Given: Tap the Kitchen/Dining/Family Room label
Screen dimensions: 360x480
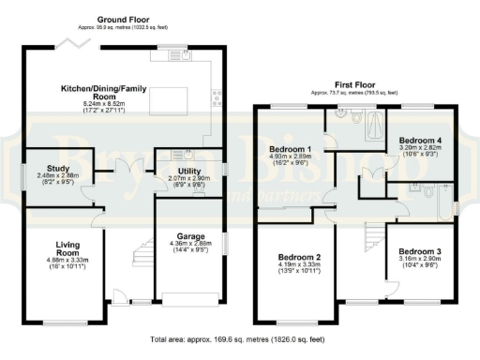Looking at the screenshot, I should pos(102,92).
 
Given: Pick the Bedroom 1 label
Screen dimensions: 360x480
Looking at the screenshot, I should pos(289,149).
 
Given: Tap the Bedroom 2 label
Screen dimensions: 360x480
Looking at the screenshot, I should pos(298,257).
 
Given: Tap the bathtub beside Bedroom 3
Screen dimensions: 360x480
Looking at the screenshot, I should pos(430,200).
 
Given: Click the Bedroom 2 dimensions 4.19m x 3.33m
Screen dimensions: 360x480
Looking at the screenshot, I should pos(298,265).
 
